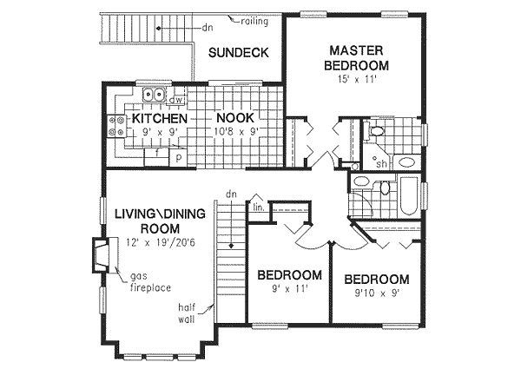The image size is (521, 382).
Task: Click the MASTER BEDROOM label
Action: coord(356,56)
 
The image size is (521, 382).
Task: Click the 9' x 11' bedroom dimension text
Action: coord(289,290)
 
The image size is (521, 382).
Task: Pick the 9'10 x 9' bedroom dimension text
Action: coord(376,294)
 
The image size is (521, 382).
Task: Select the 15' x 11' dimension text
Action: coord(357,80)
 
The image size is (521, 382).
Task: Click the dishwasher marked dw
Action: coord(175,100)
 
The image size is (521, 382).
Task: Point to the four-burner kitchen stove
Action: coord(115,127)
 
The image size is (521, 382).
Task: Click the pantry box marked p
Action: coord(178,157)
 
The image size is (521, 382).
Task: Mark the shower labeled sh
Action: coord(381,162)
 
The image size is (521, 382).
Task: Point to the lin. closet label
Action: coord(258,208)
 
